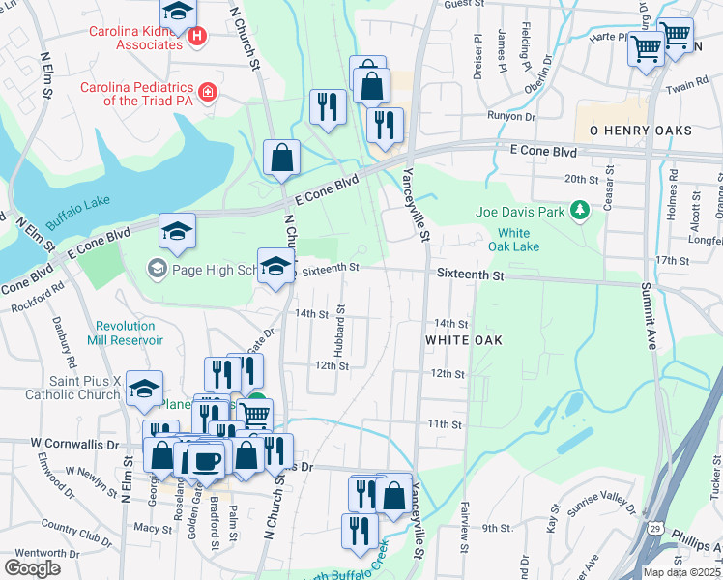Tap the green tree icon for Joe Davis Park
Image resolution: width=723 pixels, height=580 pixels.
[579, 210]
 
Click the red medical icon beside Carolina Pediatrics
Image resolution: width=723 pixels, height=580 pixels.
[207, 93]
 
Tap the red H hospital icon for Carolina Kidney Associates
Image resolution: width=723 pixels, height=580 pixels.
[197, 37]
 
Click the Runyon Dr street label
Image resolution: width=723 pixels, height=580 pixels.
[511, 115]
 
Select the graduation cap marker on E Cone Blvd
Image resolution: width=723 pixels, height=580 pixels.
[177, 231]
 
